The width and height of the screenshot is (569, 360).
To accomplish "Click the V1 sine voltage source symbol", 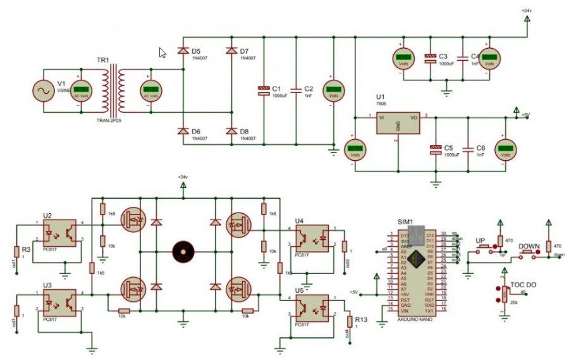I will [x=46, y=92].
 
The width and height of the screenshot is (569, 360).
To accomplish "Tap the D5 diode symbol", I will [x=183, y=50].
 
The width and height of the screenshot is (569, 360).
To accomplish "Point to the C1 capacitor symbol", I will [x=264, y=91].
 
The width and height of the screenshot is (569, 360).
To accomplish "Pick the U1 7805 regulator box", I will [x=398, y=123].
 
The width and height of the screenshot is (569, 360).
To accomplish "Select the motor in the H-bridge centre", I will [x=183, y=251].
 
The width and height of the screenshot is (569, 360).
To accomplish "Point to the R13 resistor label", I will [x=361, y=320].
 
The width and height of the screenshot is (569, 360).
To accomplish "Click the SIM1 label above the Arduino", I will [x=405, y=222].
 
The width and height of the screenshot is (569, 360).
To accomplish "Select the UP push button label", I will [x=480, y=242].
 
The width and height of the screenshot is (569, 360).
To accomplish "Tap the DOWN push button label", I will [x=529, y=245].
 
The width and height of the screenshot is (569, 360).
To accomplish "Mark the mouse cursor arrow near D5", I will [x=162, y=53].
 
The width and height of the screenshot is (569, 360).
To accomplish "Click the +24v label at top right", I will [x=526, y=11].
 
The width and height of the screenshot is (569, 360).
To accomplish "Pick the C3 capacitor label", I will [x=443, y=56].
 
